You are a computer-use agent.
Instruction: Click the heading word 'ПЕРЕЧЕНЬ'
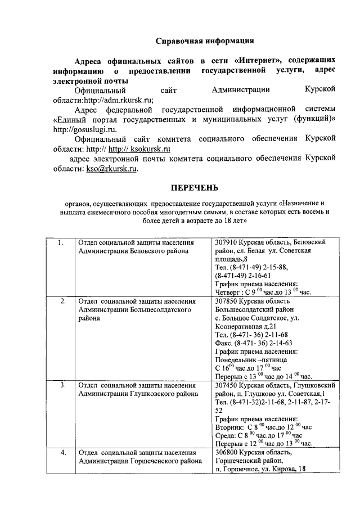click(x=195, y=187)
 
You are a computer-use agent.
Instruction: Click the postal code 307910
click(x=228, y=242)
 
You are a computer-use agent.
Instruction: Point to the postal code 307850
click(x=228, y=301)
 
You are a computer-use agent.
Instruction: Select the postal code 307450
click(x=228, y=385)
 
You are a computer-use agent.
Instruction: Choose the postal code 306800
click(x=228, y=452)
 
